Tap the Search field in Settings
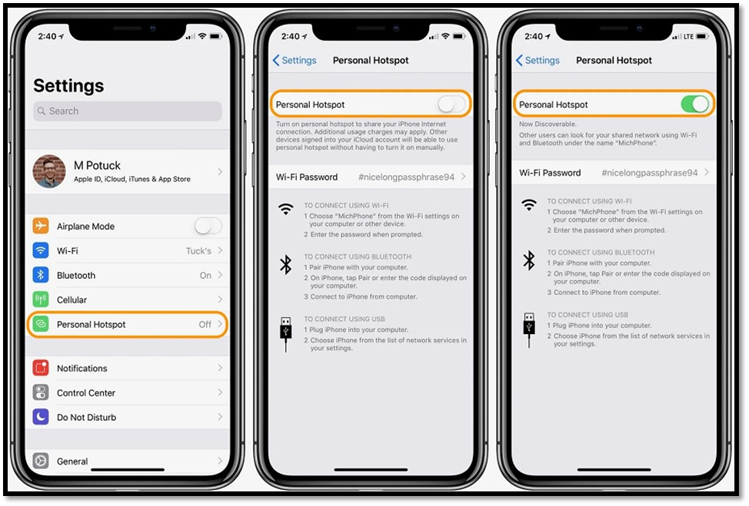(128, 111)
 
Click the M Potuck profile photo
(49, 171)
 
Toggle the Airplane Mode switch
(208, 226)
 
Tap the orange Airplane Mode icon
(41, 226)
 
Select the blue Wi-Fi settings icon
(41, 250)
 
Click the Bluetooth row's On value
(205, 275)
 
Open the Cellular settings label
(72, 299)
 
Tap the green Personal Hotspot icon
(41, 324)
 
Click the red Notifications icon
(41, 368)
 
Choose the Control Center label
(86, 393)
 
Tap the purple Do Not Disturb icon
(41, 417)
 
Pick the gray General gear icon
(41, 461)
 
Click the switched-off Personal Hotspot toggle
(451, 104)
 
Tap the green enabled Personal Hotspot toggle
(695, 104)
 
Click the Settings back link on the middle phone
(295, 60)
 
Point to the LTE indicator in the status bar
(688, 36)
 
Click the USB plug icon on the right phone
(529, 330)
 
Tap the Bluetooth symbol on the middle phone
(285, 265)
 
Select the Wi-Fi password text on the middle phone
(407, 177)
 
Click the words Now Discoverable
(548, 124)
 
